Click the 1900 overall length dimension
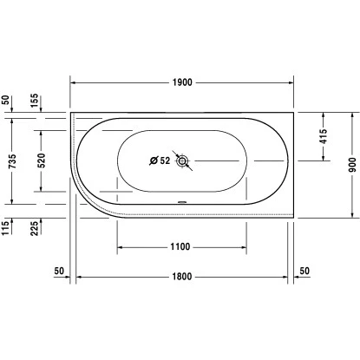pos(182,82)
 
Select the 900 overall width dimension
pos(352,165)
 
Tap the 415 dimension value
pos(324,136)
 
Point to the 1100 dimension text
pos(180,247)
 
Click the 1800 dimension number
pos(182,277)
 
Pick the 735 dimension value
pos(12,161)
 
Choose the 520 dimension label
pos(42,160)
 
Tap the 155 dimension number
pos(34,101)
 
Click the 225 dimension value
pos(34,228)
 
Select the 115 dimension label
pos(5,228)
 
